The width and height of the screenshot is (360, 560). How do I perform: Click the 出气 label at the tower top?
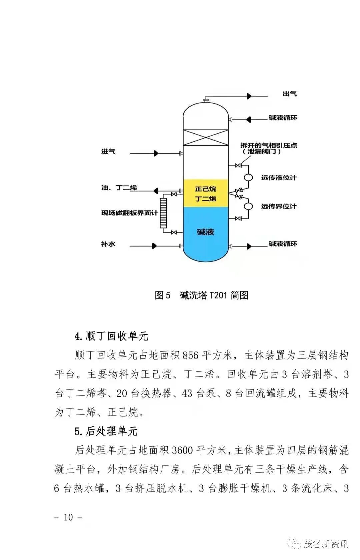pyautogui.click(x=289, y=94)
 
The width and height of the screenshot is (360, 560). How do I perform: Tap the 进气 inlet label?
pyautogui.click(x=108, y=152)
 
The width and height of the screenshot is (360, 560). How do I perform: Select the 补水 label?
pyautogui.click(x=108, y=244)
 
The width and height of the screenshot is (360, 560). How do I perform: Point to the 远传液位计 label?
pyautogui.click(x=279, y=178)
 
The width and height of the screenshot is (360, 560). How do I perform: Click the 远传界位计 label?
pyautogui.click(x=279, y=206)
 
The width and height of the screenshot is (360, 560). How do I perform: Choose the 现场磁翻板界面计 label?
pyautogui.click(x=130, y=213)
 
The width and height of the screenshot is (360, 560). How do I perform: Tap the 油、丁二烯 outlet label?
pyautogui.click(x=119, y=188)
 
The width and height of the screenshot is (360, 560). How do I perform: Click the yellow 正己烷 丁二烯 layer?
pyautogui.click(x=205, y=194)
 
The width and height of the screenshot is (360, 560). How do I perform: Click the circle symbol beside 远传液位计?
pyautogui.click(x=248, y=178)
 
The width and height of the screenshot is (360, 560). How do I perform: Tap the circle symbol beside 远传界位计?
pyautogui.click(x=248, y=206)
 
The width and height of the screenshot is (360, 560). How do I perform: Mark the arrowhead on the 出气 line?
pyautogui.click(x=249, y=96)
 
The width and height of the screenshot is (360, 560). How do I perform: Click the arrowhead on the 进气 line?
pyautogui.click(x=156, y=154)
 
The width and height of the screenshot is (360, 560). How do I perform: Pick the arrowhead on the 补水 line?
pyautogui.click(x=154, y=246)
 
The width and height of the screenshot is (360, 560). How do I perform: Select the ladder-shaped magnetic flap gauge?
pyautogui.click(x=163, y=213)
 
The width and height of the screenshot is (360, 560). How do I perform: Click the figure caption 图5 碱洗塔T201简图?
pyautogui.click(x=201, y=295)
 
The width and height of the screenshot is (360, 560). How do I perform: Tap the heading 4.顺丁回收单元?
pyautogui.click(x=111, y=336)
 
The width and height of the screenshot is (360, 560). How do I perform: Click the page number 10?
pyautogui.click(x=68, y=517)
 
